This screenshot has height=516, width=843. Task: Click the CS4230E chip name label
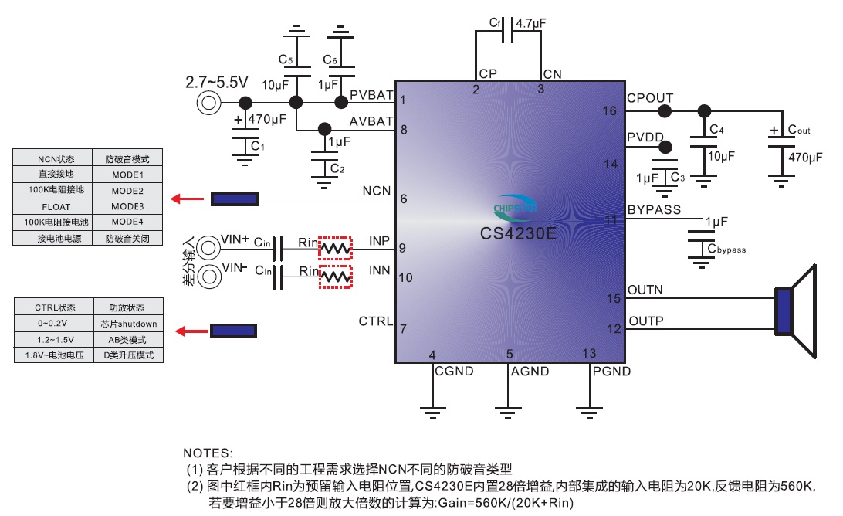tap(518, 232)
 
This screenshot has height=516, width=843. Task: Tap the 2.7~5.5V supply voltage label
tap(217, 81)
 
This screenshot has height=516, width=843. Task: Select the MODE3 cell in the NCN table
tap(127, 207)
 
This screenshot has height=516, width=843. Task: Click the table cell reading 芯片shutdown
tap(128, 324)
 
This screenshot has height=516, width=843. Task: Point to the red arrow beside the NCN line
tap(183, 199)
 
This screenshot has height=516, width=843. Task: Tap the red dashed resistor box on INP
tap(335, 248)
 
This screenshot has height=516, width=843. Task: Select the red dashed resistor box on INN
tap(335, 277)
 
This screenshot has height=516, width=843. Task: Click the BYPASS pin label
tap(654, 209)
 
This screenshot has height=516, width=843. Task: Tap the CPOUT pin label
tap(650, 98)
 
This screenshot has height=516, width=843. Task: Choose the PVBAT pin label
tap(371, 94)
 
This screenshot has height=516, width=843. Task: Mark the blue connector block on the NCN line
tap(235, 199)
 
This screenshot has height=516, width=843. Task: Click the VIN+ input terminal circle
tap(208, 248)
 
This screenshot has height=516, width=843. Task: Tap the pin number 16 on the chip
tap(610, 112)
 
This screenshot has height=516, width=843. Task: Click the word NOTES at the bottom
tap(208, 453)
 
